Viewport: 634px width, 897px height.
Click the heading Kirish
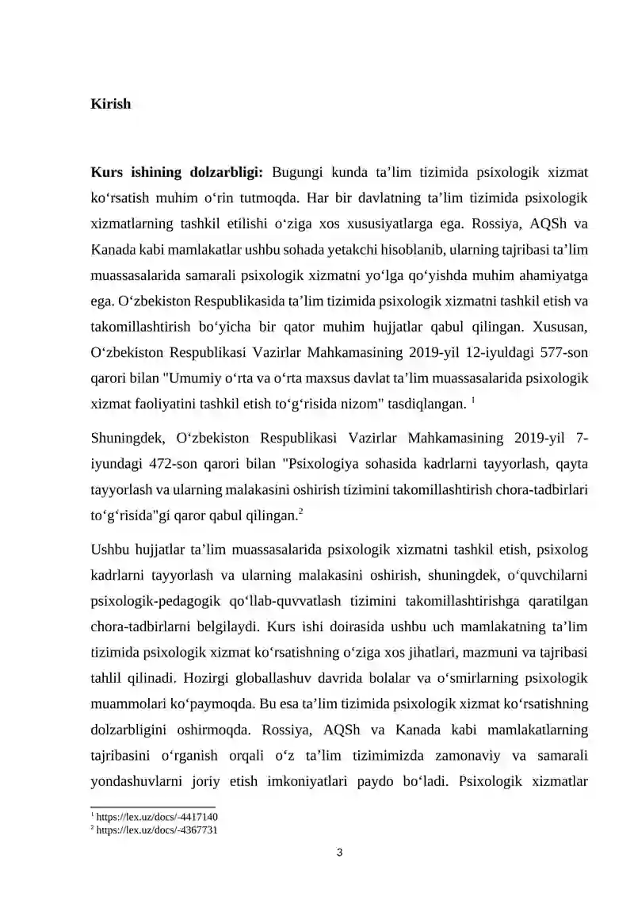point(111,105)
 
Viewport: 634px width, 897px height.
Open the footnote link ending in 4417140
point(158,817)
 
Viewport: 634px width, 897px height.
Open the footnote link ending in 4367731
point(158,830)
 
